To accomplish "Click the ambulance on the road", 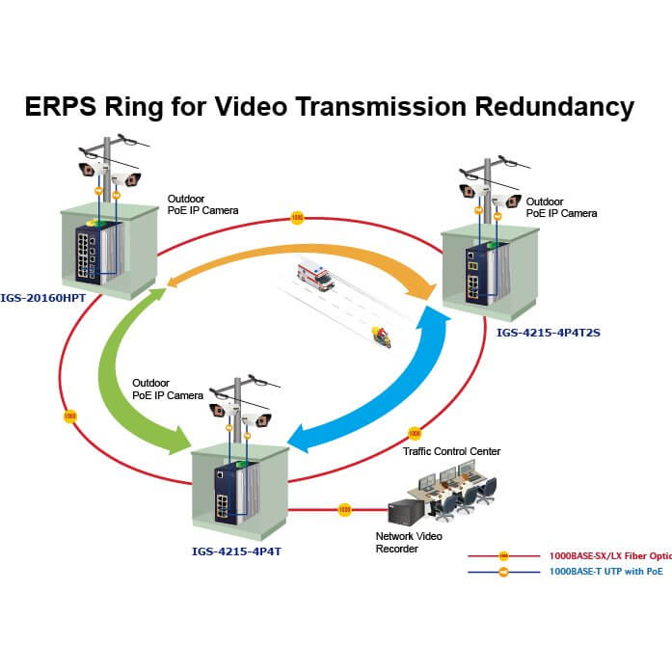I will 316,275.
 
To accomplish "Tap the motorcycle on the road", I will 381,336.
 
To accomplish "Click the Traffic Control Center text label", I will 451,450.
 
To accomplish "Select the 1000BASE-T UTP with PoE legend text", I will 605,572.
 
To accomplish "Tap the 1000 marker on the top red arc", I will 296,219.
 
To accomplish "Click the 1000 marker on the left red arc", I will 69,417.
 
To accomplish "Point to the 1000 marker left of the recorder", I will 344,509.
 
